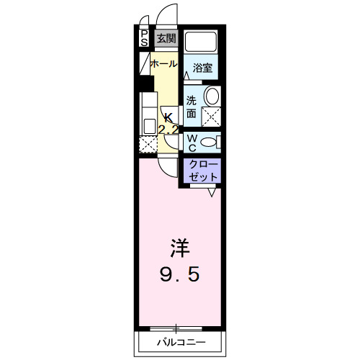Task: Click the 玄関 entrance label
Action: pos(166,38)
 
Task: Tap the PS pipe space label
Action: pos(144,37)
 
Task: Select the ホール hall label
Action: pos(163,64)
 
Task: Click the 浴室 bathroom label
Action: pos(202,68)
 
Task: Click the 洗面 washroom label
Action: pos(192,107)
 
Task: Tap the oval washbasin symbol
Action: pos(212,96)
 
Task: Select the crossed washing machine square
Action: pos(212,117)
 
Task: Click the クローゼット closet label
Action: pos(201,170)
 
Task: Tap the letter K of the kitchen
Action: pos(168,117)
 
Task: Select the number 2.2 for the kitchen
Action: pos(168,130)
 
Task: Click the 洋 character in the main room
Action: pos(179,248)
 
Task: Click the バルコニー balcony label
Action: pos(181,342)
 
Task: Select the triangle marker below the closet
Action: pos(213,192)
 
